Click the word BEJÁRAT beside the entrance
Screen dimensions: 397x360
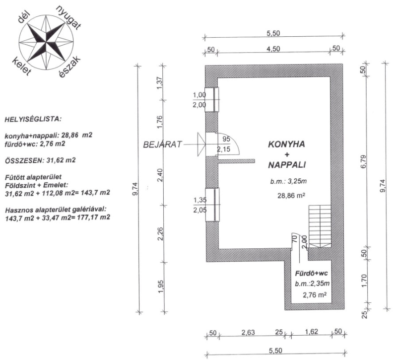[163, 144]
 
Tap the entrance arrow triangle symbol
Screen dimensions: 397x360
[201, 144]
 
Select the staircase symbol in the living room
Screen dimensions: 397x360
[320, 226]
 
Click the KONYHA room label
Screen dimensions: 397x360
[286, 144]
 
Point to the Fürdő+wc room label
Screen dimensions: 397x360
[312, 274]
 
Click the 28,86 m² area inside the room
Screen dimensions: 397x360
[291, 196]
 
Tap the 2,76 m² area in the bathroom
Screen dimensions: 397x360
[314, 294]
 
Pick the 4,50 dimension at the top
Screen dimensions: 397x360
[273, 49]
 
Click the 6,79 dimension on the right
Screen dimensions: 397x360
[364, 162]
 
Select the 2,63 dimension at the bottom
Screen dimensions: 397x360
[248, 332]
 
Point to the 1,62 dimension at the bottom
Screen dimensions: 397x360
[311, 332]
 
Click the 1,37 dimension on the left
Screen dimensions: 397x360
[159, 83]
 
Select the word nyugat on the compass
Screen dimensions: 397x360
[68, 17]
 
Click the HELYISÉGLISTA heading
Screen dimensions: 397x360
[33, 119]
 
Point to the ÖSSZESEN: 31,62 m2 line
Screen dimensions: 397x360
[40, 160]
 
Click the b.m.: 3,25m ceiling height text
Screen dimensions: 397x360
[288, 181]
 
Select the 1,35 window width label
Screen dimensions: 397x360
[200, 200]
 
